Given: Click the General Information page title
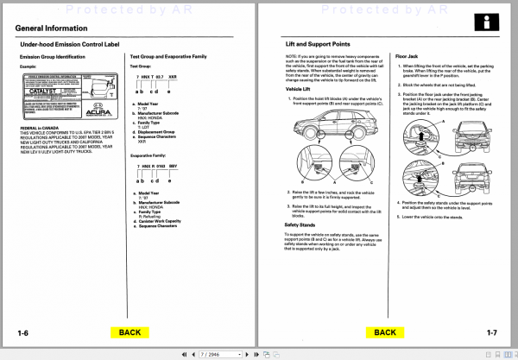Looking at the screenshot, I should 55,28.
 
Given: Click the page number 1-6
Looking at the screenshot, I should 24,332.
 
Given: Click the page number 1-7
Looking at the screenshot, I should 490,332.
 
